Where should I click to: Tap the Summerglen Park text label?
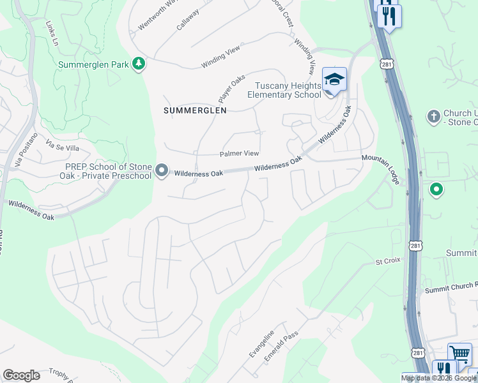pyautogui.click(x=93, y=64)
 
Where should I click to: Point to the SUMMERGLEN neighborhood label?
pyautogui.click(x=195, y=110)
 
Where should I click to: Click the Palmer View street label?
pyautogui.click(x=239, y=154)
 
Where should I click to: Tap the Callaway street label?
pyautogui.click(x=189, y=19)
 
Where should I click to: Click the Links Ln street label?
pyautogui.click(x=52, y=33)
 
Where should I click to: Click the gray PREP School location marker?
pyautogui.click(x=162, y=171)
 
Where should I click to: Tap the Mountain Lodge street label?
pyautogui.click(x=381, y=169)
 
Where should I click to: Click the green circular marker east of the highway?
pyautogui.click(x=436, y=190)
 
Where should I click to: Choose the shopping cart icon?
pyautogui.click(x=459, y=353)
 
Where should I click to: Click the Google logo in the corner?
pyautogui.click(x=21, y=375)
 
